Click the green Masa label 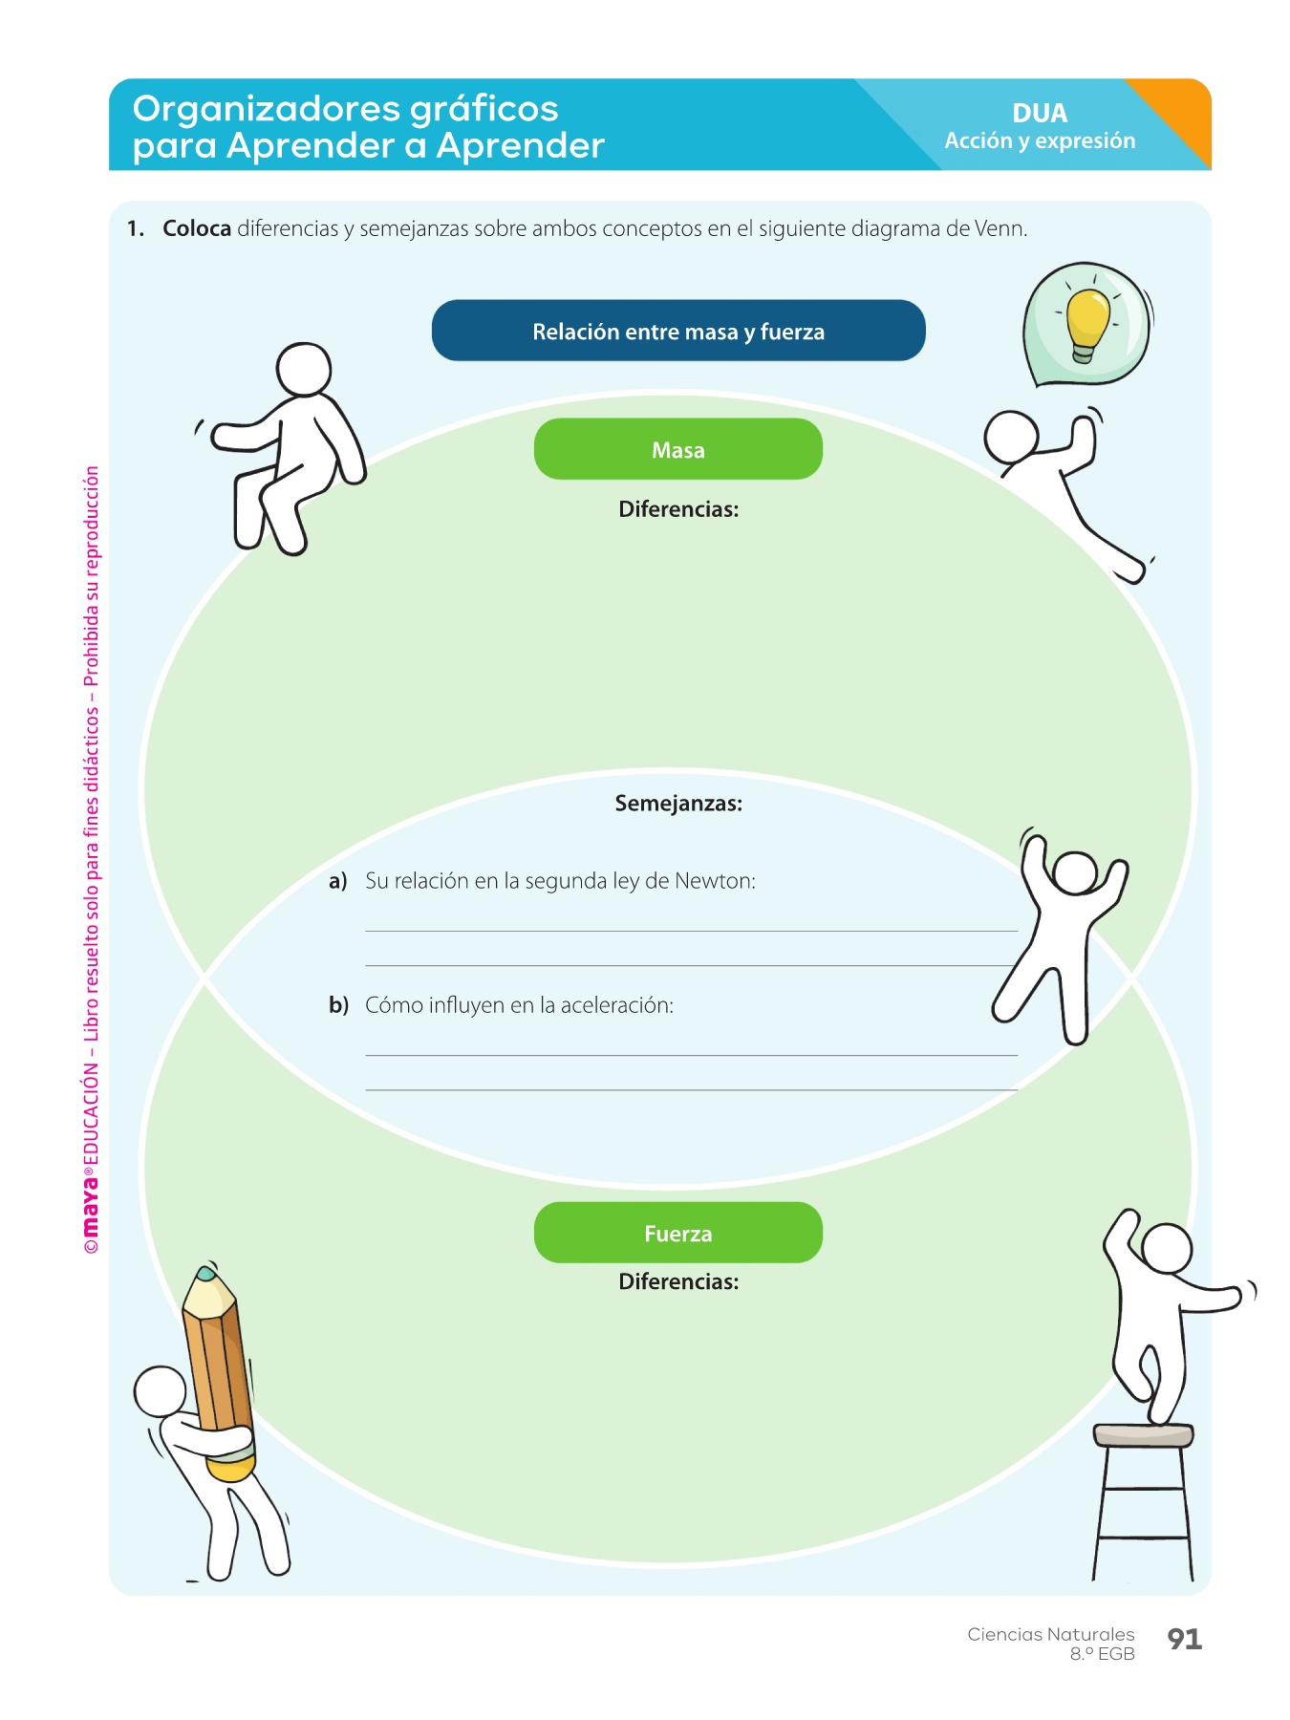(x=677, y=449)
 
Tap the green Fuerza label (x=677, y=1233)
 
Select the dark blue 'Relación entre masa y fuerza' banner (x=677, y=331)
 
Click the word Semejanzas (x=677, y=804)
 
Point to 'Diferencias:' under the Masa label (x=677, y=509)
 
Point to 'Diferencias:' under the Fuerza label (x=677, y=1281)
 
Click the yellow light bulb (x=1086, y=320)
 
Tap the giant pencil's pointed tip (x=204, y=1274)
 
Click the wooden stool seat (x=1143, y=1434)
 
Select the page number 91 (x=1184, y=1639)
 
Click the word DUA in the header (x=1040, y=113)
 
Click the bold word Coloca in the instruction (x=197, y=229)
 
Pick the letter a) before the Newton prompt (x=337, y=881)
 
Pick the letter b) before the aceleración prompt (x=338, y=1005)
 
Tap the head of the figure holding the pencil (x=160, y=1391)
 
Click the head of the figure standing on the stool (x=1167, y=1248)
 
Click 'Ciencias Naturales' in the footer (x=1050, y=1634)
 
